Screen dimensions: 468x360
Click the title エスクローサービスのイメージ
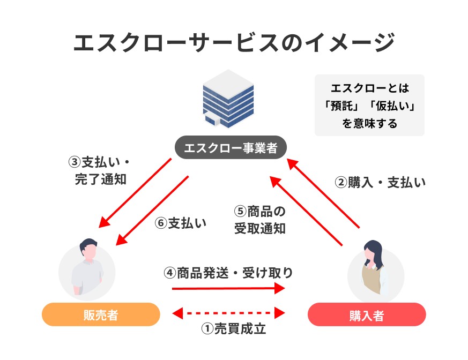[234, 43]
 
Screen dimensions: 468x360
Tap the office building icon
[228, 99]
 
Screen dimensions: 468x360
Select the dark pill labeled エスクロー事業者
[231, 147]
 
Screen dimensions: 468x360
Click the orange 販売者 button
[101, 314]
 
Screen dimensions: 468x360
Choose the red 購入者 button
[367, 314]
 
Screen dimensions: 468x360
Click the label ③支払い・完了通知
[99, 170]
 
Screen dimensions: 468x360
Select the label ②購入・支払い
[380, 183]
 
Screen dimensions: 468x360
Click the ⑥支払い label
[181, 223]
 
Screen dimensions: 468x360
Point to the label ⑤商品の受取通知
[260, 220]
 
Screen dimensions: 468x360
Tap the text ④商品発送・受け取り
[228, 273]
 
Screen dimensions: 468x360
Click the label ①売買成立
[234, 329]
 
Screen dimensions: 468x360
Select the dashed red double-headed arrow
[228, 313]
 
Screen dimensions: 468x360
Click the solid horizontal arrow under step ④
[228, 288]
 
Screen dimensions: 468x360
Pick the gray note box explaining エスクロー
[369, 106]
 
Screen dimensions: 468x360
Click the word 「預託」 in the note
[341, 106]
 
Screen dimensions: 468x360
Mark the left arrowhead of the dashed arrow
[178, 313]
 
